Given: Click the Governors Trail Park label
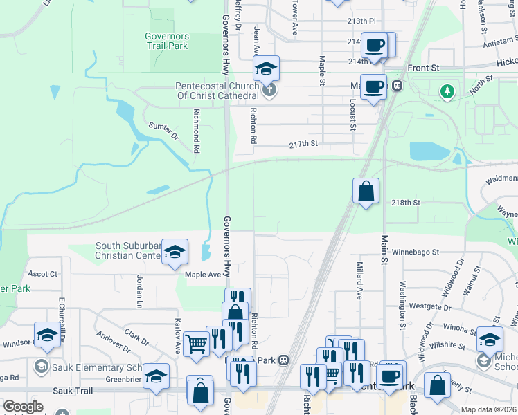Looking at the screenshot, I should (166, 41).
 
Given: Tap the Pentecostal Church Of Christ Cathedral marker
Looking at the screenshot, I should (270, 90).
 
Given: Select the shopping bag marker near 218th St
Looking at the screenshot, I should (366, 190).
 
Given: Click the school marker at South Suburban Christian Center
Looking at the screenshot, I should (175, 251).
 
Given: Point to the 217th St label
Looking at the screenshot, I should (303, 144).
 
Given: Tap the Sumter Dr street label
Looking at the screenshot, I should (164, 129).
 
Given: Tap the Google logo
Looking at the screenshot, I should (23, 407).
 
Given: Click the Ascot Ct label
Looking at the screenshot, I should (42, 274).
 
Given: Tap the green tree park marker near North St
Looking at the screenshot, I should (447, 91).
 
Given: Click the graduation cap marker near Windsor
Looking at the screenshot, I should (47, 335).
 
